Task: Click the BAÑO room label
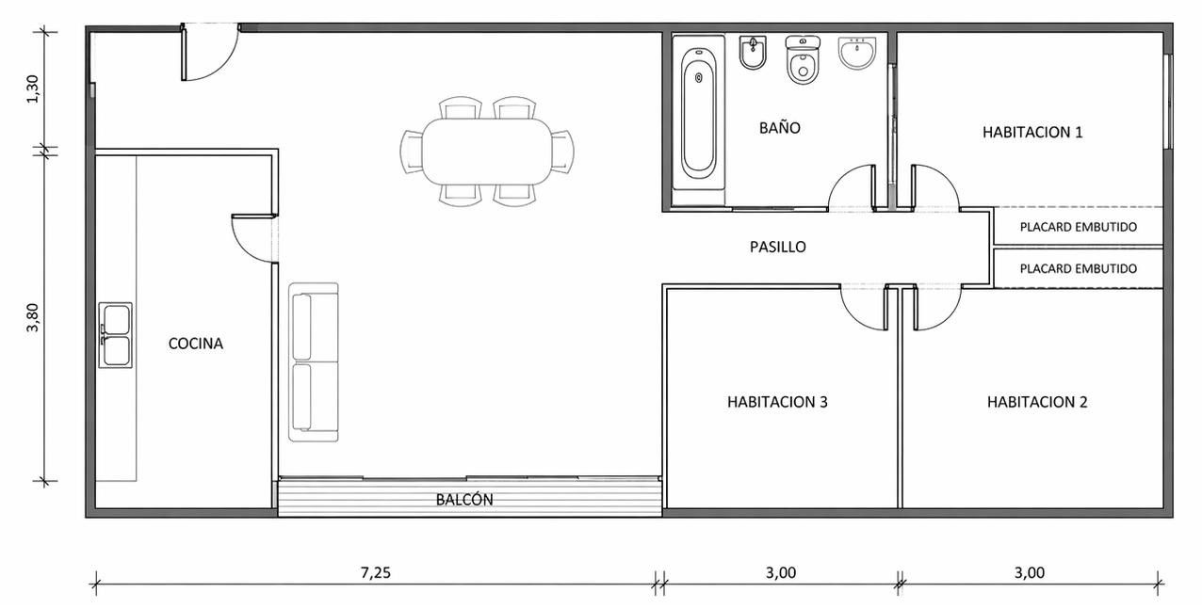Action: click(779, 128)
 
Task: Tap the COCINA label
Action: click(195, 344)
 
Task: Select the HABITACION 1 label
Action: click(1032, 133)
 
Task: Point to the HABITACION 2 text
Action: click(1037, 402)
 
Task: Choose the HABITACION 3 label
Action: click(777, 402)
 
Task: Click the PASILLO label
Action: click(777, 248)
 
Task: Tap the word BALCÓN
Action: click(464, 500)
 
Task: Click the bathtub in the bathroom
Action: click(698, 113)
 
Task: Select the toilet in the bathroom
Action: click(803, 60)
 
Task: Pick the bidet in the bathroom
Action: click(753, 53)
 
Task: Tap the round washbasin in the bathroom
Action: click(857, 53)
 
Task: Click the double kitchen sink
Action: click(115, 335)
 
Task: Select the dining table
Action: click(487, 152)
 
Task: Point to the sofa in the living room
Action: click(314, 362)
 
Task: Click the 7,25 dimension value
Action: click(376, 572)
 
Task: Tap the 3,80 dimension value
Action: click(33, 317)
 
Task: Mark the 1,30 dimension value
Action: click(33, 89)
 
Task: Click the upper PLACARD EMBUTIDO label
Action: click(1078, 227)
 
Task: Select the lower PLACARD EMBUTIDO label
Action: click(1078, 268)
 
